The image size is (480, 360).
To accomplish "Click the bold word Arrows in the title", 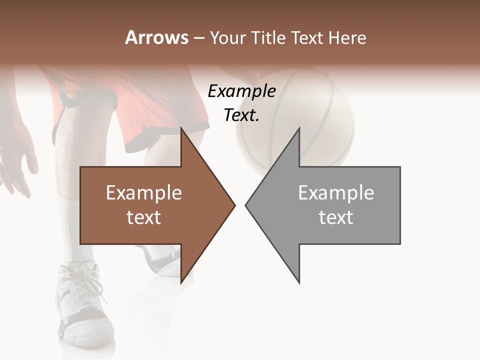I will click(x=157, y=37).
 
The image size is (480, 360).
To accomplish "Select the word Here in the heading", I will click(x=347, y=37).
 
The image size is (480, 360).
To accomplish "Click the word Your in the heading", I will click(x=227, y=38).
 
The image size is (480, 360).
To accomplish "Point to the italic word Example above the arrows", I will click(x=241, y=91).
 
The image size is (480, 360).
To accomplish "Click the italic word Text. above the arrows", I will click(x=241, y=115).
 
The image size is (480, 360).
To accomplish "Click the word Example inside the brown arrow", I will click(x=144, y=193).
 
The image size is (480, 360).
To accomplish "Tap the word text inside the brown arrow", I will click(x=144, y=217).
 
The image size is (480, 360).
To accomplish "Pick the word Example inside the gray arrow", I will click(x=336, y=193).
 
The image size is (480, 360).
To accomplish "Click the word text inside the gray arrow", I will click(x=336, y=217).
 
